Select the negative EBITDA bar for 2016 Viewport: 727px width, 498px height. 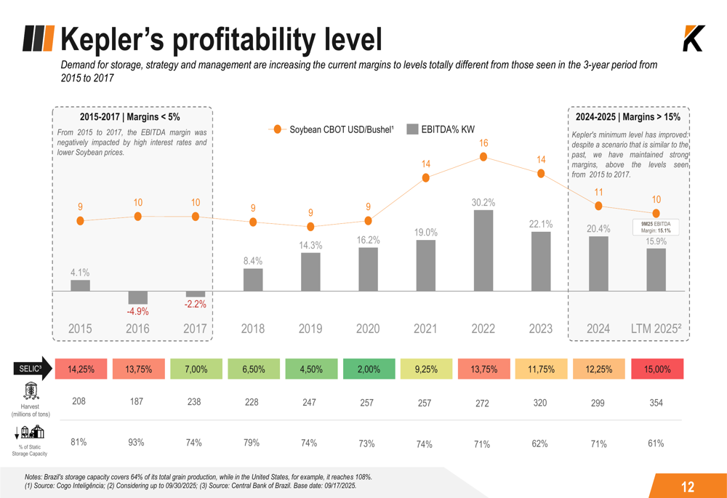(x=137, y=297)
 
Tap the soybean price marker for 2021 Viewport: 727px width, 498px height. (x=426, y=177)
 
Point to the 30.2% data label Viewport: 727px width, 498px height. (x=483, y=202)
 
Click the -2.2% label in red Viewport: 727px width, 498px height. (x=195, y=305)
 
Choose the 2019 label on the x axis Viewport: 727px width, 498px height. (x=310, y=329)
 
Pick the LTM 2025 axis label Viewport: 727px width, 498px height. (x=656, y=329)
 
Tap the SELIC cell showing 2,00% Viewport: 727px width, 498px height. (x=368, y=369)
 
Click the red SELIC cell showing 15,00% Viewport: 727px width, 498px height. (x=657, y=369)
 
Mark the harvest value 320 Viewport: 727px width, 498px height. (x=540, y=401)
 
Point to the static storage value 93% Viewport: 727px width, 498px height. (x=136, y=443)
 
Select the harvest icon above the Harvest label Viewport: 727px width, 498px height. (x=30, y=391)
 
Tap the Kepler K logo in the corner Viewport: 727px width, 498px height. (x=694, y=39)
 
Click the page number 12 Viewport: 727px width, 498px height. (x=688, y=487)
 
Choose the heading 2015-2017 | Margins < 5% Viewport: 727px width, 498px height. (x=129, y=116)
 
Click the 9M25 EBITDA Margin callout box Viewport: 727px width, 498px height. (x=656, y=227)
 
